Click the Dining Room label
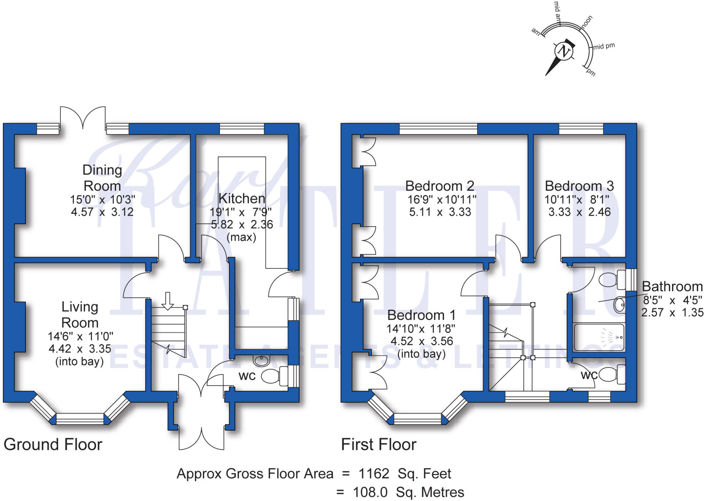(x=102, y=178)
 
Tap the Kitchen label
(x=242, y=198)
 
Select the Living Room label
(x=80, y=315)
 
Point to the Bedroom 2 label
(x=440, y=186)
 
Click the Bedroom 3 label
(x=579, y=186)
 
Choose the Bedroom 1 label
(x=421, y=315)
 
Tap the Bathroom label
(x=672, y=286)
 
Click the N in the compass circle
(x=564, y=52)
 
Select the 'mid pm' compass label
(x=604, y=46)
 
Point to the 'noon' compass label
(x=587, y=22)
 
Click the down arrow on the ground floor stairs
(x=168, y=301)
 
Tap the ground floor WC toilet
(x=275, y=376)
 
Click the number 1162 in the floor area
(x=374, y=474)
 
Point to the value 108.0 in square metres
(x=370, y=492)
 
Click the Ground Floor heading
(x=53, y=445)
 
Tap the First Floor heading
(x=379, y=445)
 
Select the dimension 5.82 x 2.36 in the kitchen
(x=242, y=225)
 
